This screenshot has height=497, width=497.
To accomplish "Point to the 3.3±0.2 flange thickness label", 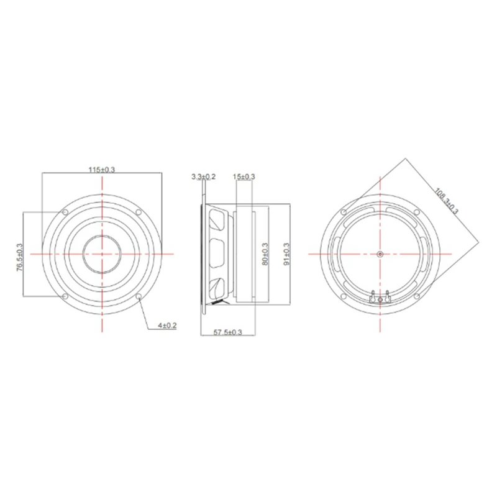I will pos(204,178).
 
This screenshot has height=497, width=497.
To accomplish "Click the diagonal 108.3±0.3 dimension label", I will pos(445,200).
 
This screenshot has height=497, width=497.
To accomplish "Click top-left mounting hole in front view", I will pos(65,212).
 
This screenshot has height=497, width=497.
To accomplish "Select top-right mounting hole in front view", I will pos(139,212).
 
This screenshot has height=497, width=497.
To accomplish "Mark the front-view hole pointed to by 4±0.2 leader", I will pos(139,296).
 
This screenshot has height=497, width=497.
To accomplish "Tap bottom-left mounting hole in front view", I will pos(65,296).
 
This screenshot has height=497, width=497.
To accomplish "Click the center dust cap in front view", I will pos(101,254).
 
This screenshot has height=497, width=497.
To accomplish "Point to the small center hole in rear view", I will pos(380,254).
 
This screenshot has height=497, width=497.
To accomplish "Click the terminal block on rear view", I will pos(380,297).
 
